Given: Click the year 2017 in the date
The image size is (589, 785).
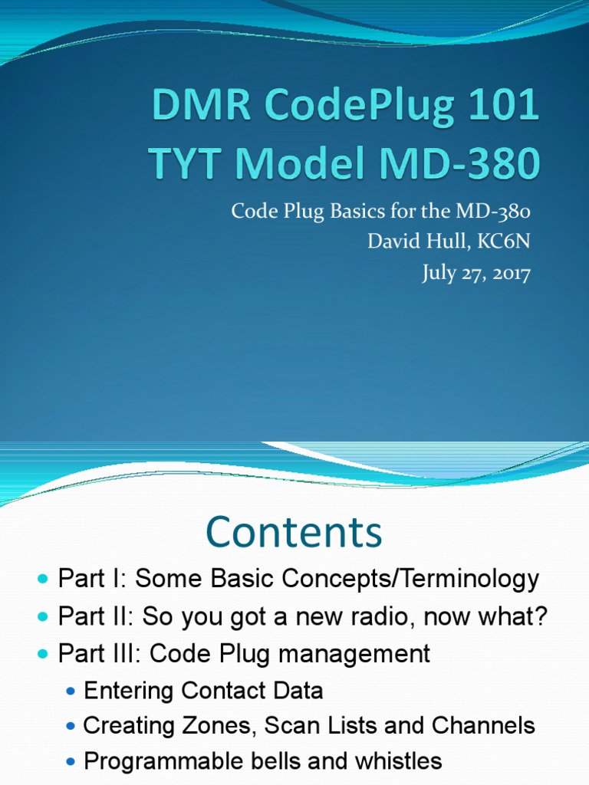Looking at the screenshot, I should [x=505, y=274].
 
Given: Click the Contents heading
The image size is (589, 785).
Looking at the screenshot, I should [x=294, y=533].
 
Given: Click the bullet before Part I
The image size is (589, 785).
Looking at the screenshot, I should [x=43, y=580].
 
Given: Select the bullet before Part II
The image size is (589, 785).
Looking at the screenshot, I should [x=43, y=616].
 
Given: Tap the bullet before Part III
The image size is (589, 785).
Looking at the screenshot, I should [x=43, y=654].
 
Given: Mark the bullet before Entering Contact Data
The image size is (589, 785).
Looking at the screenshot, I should [x=71, y=691].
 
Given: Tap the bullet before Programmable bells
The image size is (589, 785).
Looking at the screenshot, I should [x=71, y=762].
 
